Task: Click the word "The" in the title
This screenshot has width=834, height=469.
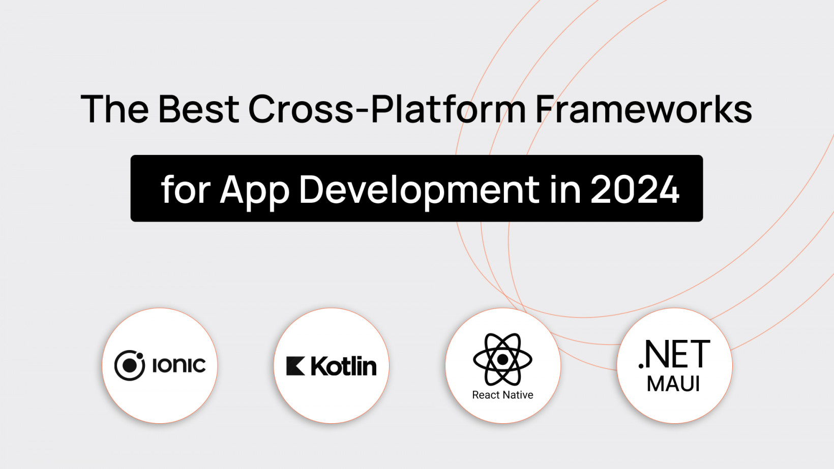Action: coord(115,109)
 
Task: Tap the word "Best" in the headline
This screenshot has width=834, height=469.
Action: coord(199,109)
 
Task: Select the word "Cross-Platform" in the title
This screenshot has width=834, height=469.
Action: coord(387,109)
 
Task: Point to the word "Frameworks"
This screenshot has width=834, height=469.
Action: coord(644,109)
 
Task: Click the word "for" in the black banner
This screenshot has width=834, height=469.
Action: coord(186,189)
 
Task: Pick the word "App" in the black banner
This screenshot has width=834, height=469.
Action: coord(255,192)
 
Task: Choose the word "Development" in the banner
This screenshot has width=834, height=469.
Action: coord(419,192)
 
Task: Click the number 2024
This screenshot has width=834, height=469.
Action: coord(635,189)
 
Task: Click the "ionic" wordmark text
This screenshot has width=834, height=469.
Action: coord(179,365)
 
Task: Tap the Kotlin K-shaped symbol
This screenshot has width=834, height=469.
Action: coord(295,366)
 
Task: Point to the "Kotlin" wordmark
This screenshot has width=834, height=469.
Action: coord(343,366)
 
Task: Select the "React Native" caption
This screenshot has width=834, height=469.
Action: coord(502,395)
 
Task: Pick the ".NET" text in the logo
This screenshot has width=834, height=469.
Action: coord(674,354)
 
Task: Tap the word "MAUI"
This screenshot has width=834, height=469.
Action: coord(673,384)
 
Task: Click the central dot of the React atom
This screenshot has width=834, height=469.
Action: coord(502,360)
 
